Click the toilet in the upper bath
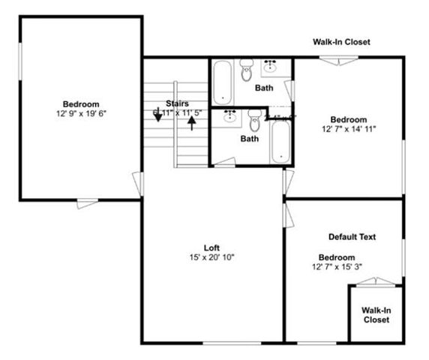point(247,73)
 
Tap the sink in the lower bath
point(230,115)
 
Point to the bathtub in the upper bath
point(223,82)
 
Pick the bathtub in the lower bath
point(280,141)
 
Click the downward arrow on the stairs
point(158,118)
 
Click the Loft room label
point(211,247)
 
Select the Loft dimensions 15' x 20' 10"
point(211,257)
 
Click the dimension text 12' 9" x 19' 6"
point(80,113)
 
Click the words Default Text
point(352,237)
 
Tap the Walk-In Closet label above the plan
point(341,43)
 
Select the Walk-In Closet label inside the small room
point(376,314)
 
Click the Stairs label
point(178,103)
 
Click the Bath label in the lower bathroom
point(250,138)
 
